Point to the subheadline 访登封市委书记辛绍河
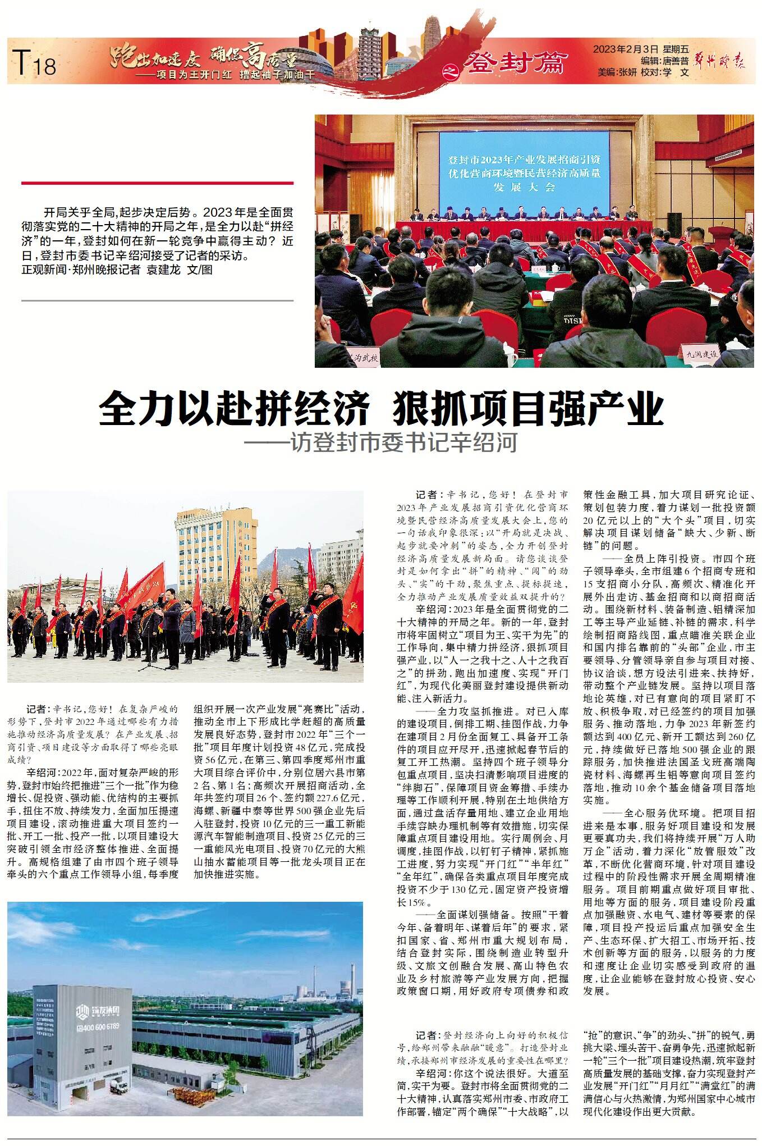pyautogui.click(x=403, y=443)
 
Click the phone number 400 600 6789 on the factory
pyautogui.click(x=98, y=1026)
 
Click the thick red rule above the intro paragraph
pyautogui.click(x=157, y=182)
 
